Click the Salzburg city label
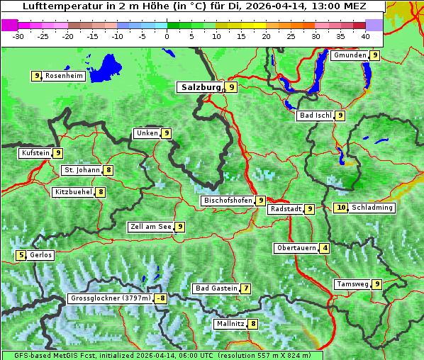click(x=201, y=87)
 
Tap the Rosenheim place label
click(x=63, y=76)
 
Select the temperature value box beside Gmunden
click(x=374, y=55)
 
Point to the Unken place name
click(x=147, y=133)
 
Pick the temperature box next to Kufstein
click(x=58, y=153)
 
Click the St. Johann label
click(x=82, y=170)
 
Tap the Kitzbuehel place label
click(x=73, y=192)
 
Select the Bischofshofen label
click(x=228, y=201)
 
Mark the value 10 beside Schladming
click(x=341, y=208)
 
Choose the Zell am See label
click(x=151, y=227)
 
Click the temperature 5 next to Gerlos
click(x=21, y=255)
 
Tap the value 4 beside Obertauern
click(x=324, y=248)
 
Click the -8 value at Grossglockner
click(x=161, y=298)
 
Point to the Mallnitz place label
click(x=230, y=324)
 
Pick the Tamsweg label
click(x=352, y=284)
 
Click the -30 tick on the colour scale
click(x=18, y=35)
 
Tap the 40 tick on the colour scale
click(x=364, y=35)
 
